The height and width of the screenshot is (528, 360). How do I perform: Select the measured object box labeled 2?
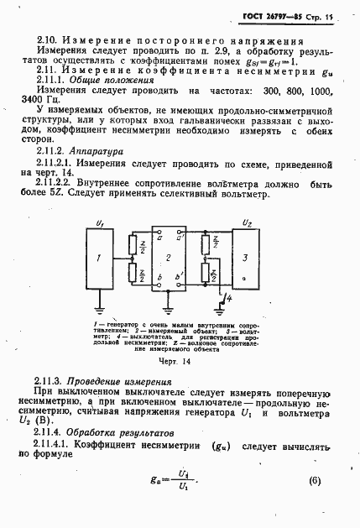168,259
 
